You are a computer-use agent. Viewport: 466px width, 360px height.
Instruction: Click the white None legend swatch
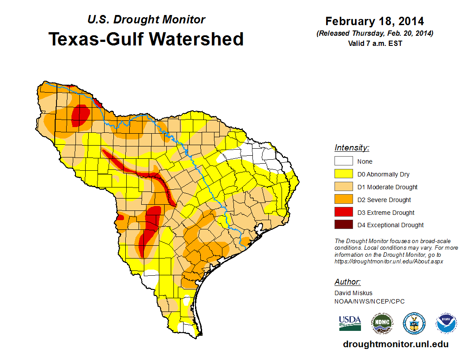[343, 161]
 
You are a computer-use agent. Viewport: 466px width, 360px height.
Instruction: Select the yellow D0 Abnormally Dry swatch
[343, 174]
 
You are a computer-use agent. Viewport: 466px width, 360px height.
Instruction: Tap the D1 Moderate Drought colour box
[343, 187]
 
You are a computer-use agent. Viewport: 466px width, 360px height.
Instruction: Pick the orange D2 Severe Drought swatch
[343, 200]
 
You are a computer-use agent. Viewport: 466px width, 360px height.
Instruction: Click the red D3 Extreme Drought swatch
[343, 213]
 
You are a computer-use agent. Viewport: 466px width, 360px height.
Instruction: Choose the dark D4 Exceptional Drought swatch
[343, 225]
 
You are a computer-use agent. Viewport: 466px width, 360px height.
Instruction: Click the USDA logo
[350, 323]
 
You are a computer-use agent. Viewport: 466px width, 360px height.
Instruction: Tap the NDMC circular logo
[382, 323]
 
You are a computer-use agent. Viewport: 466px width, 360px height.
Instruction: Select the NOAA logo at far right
[446, 323]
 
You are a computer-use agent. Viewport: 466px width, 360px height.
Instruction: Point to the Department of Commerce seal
[414, 323]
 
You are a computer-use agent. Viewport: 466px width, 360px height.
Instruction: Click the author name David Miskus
[353, 293]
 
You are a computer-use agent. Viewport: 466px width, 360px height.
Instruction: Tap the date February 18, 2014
[375, 21]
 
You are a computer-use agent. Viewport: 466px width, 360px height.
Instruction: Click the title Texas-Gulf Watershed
[146, 39]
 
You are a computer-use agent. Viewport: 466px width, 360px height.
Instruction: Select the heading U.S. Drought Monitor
[147, 20]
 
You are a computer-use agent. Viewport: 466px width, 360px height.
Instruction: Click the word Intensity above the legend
[352, 148]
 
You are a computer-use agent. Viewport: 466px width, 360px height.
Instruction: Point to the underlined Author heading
[347, 282]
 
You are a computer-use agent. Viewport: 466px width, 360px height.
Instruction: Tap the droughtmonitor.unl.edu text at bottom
[395, 344]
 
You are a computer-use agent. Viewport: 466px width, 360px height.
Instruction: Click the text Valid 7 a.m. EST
[375, 43]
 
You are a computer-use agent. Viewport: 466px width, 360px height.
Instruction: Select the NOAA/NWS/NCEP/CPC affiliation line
[369, 301]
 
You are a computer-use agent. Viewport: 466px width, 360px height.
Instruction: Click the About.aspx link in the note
[389, 261]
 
